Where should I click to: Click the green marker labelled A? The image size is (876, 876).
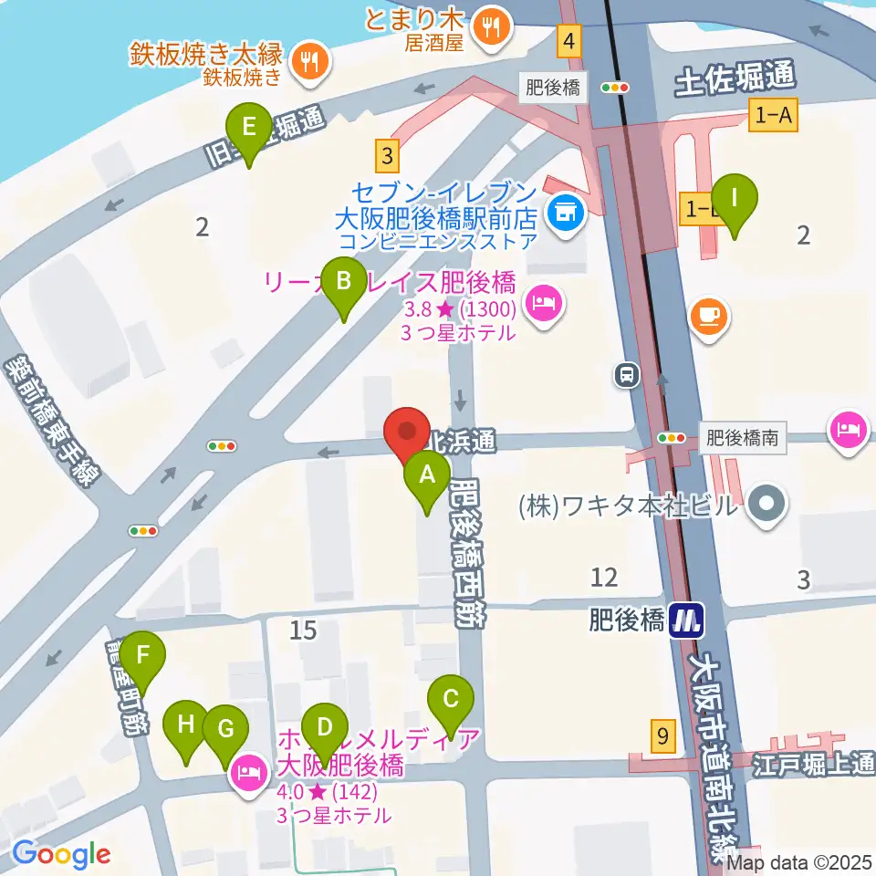point(426,476)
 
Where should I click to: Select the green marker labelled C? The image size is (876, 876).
point(451,701)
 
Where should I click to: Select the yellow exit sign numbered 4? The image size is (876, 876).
point(570,40)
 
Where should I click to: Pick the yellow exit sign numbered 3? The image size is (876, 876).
point(390,153)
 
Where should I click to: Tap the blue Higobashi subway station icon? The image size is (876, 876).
point(685,622)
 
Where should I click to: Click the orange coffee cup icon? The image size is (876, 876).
point(709,316)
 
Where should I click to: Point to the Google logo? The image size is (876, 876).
point(61,853)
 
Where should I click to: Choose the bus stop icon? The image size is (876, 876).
point(627,374)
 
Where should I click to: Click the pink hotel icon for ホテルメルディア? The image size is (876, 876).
point(249,773)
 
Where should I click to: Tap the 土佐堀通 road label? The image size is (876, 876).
point(735,84)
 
